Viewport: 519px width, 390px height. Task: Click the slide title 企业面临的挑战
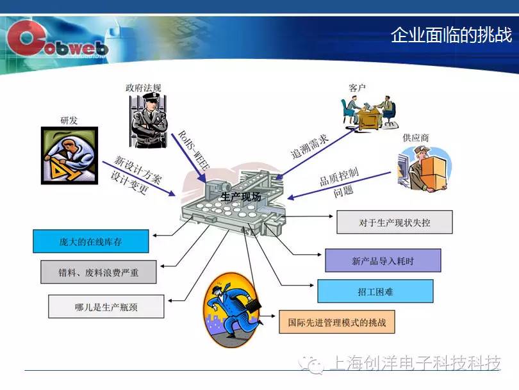click(451, 35)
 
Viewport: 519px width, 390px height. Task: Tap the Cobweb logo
click(56, 40)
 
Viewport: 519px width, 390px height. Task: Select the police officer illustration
click(148, 120)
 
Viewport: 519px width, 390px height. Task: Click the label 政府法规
click(144, 88)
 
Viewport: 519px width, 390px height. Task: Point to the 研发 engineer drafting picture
click(69, 156)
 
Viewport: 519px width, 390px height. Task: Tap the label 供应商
click(416, 138)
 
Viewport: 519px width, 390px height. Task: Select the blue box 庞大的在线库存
click(91, 241)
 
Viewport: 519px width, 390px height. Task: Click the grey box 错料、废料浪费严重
click(98, 272)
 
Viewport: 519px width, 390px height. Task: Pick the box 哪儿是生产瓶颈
click(106, 307)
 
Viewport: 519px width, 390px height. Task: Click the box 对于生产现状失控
click(395, 222)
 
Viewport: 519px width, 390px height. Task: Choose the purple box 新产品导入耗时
click(383, 261)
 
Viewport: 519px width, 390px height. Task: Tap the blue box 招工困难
click(375, 291)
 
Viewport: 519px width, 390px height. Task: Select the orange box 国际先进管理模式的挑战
click(337, 322)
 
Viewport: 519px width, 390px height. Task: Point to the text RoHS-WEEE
click(194, 150)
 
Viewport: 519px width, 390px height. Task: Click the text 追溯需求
click(309, 147)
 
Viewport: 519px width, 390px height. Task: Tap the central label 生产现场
click(241, 197)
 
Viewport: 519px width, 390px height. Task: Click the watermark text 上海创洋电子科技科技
click(415, 363)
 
